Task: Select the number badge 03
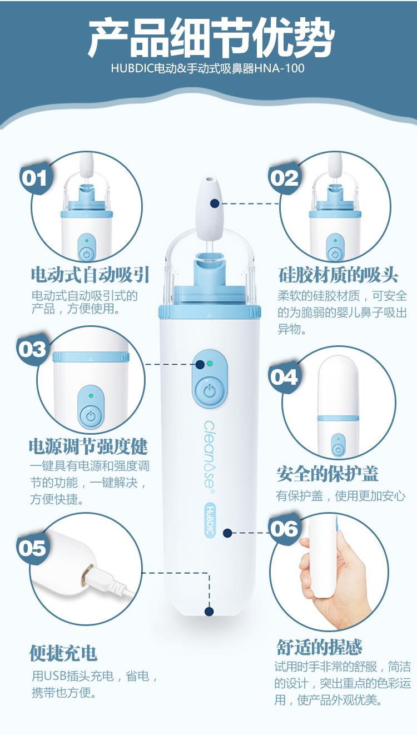(32, 349)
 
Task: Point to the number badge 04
(284, 377)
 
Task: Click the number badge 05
(32, 548)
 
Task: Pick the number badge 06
(284, 529)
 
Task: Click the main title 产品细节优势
(211, 37)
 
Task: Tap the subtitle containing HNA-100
(207, 68)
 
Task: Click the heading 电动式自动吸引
(90, 275)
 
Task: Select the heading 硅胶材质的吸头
(338, 275)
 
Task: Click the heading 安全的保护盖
(327, 474)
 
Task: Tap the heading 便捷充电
(63, 653)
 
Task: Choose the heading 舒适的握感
(319, 647)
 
